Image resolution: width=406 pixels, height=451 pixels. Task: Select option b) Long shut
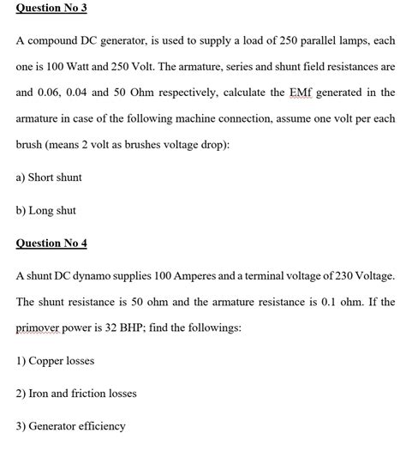coord(47,209)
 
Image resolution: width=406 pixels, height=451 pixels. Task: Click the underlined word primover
coord(43,328)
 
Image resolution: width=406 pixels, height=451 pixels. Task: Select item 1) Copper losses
coord(56,361)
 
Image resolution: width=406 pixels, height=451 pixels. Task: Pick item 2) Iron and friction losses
coord(77,394)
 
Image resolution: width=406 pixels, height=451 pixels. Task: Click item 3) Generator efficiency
coord(71,426)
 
